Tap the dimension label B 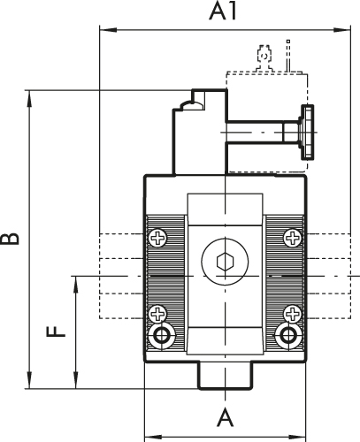click(x=10, y=239)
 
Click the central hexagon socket click(x=225, y=263)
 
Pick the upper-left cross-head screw click(x=158, y=237)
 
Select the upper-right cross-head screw click(x=291, y=237)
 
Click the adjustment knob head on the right click(x=309, y=133)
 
